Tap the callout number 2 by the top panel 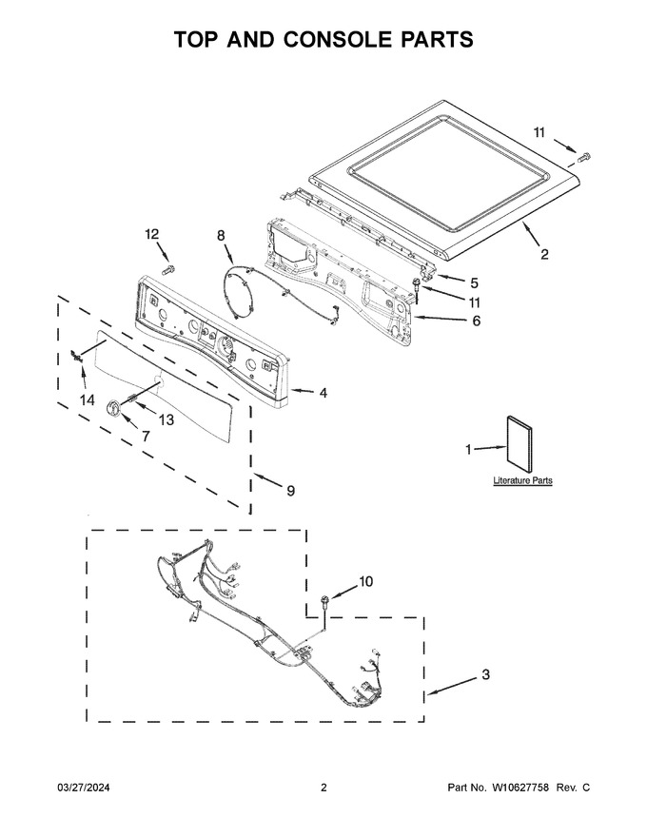coord(544,254)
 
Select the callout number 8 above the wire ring coord(221,235)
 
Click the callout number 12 coord(152,234)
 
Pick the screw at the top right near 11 coord(585,156)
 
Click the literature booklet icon coord(519,444)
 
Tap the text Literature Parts coord(522,480)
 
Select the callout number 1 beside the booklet coord(468,450)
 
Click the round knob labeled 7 coord(114,407)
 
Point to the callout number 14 coord(87,399)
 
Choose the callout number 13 coord(166,420)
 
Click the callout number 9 coord(290,490)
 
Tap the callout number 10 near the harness coord(365,581)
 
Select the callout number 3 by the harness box coord(485,674)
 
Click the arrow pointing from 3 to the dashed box coord(452,686)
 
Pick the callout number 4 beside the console coord(323,393)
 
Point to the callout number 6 coord(476,321)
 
